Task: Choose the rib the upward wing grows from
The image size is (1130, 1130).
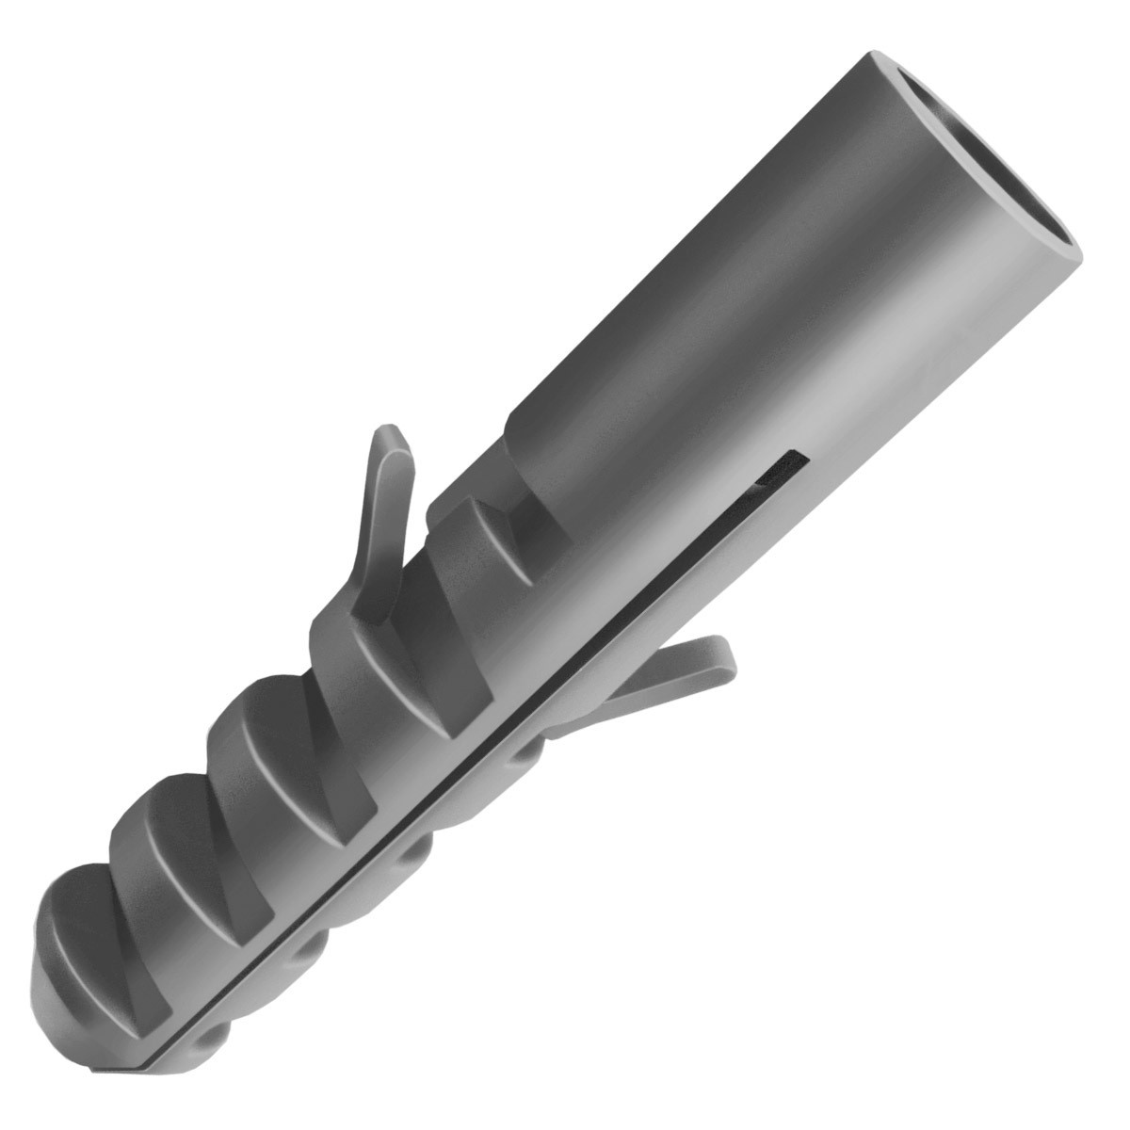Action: point(395,640)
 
